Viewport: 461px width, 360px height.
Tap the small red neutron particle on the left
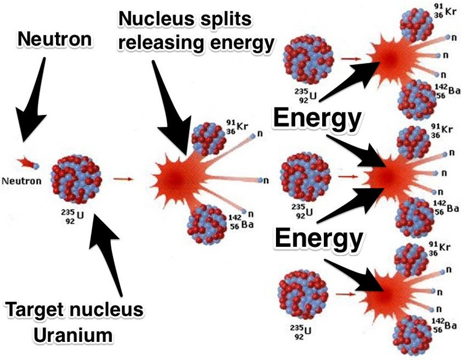(26, 161)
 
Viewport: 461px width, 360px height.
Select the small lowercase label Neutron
(22, 181)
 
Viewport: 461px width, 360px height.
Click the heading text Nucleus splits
(186, 20)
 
